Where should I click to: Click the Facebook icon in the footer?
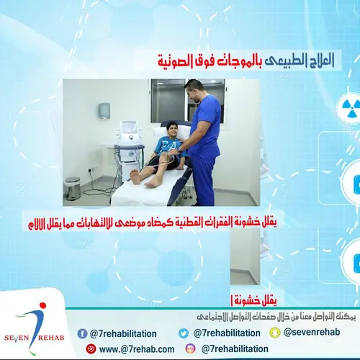(x=84, y=333)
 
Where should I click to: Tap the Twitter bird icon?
(x=184, y=333)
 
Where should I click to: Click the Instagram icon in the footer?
(x=190, y=349)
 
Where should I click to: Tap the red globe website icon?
(x=91, y=349)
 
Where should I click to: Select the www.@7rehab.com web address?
(x=137, y=349)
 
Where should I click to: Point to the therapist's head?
(x=192, y=90)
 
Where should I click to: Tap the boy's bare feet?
(x=144, y=178)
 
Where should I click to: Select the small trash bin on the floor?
(x=73, y=189)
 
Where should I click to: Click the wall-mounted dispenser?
(x=104, y=110)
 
